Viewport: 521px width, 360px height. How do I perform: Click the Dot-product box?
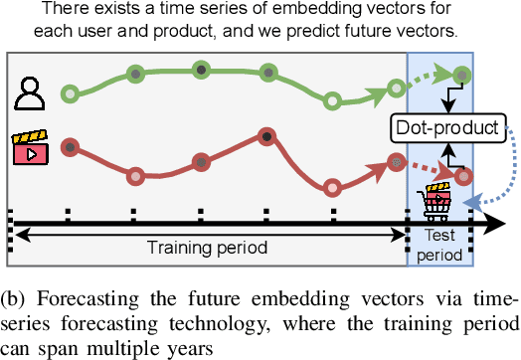tap(447, 128)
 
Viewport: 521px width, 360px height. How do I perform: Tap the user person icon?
tap(30, 93)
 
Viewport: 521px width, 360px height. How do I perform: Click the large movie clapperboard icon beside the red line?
tap(30, 147)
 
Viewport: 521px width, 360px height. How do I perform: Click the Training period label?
tap(207, 248)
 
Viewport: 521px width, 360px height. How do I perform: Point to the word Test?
tap(439, 235)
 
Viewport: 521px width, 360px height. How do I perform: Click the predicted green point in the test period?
tap(462, 76)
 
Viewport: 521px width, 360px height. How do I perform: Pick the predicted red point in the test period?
tap(464, 176)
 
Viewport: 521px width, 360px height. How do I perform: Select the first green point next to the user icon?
tap(71, 93)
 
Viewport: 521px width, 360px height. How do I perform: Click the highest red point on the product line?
tap(266, 136)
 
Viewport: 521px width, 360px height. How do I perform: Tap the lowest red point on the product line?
tap(332, 188)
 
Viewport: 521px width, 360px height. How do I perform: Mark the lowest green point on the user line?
tap(332, 101)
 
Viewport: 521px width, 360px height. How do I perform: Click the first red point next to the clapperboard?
tap(71, 147)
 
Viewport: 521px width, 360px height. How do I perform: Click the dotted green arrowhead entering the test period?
tap(442, 73)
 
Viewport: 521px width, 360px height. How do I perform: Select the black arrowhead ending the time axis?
tap(494, 223)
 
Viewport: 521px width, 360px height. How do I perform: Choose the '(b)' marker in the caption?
tap(13, 299)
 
